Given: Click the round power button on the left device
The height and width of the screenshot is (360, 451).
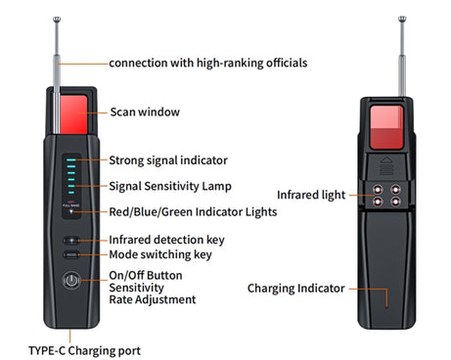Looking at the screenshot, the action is point(71,280).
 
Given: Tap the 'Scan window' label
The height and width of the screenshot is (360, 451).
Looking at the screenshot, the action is point(145,112).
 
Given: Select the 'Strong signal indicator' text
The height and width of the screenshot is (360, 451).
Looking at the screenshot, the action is point(168,160).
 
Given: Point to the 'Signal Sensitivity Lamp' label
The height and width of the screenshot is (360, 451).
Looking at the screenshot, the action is point(170,186).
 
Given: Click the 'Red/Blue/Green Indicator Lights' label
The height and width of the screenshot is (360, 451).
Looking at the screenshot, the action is point(193,212).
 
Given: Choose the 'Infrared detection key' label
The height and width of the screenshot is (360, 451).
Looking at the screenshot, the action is point(166,240).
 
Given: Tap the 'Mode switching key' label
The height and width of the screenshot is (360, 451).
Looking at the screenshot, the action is point(160,254).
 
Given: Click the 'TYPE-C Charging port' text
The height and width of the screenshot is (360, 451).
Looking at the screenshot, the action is point(84,351).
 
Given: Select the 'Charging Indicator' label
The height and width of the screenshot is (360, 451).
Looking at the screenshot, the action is point(296,289).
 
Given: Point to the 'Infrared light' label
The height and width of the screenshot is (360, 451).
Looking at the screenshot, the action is point(311,195).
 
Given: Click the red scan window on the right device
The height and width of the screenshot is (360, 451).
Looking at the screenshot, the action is point(386,127).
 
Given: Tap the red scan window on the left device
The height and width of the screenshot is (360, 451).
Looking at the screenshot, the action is point(73,114).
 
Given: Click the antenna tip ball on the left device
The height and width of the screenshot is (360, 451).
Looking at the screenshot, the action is point(57,20).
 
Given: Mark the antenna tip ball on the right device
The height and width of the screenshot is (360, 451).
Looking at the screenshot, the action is point(402,19).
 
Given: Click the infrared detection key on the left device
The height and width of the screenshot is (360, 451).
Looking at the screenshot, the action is point(71,241).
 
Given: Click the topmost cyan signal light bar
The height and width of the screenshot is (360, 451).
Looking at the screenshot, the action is point(71,159).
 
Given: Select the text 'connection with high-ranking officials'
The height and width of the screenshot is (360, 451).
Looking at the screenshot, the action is point(208,63).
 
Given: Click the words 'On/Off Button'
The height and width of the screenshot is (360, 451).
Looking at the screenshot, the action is point(146,275).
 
